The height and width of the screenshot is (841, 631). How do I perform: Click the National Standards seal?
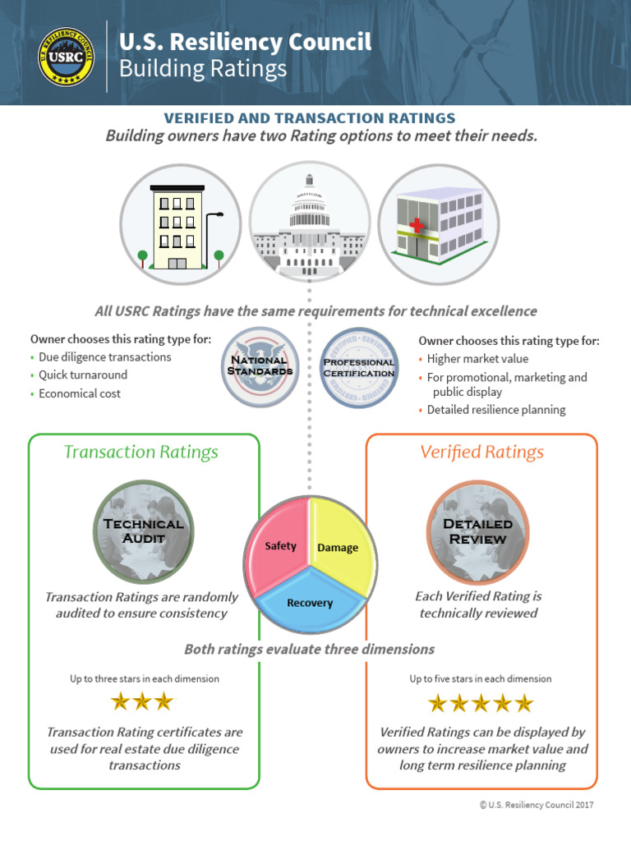258,366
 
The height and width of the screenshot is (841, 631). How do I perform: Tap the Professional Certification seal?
358,367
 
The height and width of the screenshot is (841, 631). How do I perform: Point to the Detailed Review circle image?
477,531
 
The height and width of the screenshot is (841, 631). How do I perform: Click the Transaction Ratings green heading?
140,452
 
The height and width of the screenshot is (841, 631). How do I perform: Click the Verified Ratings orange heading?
482,452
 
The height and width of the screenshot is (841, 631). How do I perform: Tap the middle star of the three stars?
142,701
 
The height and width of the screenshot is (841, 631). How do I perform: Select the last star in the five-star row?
523,704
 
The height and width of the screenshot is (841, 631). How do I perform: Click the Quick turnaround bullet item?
83,375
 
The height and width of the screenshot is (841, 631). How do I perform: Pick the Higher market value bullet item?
477,359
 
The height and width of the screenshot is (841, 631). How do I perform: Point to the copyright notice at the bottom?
536,806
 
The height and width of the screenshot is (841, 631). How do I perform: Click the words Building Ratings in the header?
203,68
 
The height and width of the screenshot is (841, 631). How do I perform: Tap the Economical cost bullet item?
80,393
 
